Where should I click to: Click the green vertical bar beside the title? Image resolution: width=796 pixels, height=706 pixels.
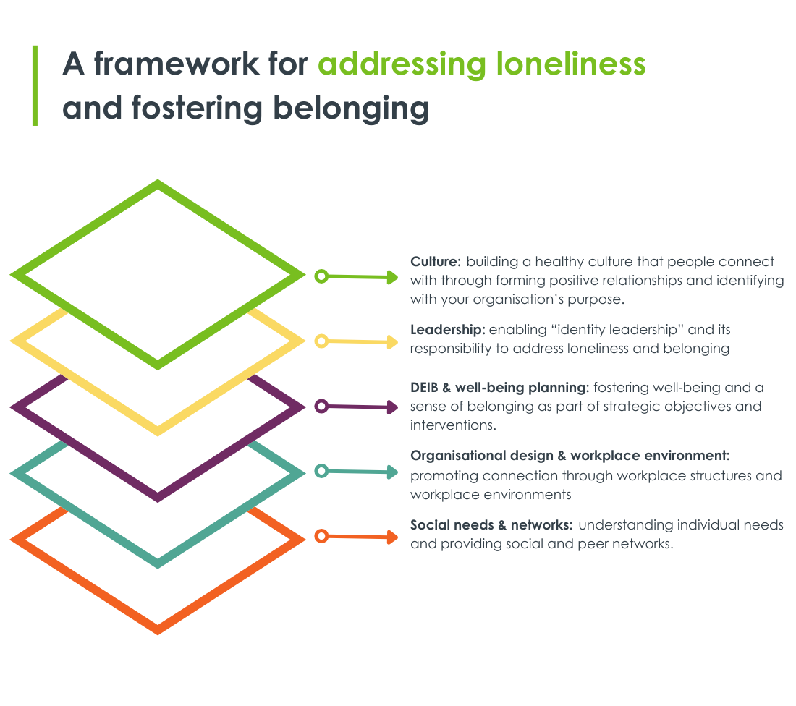34,85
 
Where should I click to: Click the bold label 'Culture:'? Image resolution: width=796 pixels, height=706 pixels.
435,262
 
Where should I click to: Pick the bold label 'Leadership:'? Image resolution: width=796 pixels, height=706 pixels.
447,330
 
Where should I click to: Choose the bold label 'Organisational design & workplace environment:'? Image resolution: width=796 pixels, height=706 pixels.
570,456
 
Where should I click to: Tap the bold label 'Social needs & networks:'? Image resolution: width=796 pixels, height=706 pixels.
492,525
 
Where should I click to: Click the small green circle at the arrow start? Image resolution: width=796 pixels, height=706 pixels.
322,276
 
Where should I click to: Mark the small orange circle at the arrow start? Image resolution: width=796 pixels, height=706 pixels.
322,536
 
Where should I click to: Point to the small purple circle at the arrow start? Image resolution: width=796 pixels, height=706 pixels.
322,407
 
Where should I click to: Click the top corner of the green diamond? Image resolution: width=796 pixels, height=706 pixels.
158,184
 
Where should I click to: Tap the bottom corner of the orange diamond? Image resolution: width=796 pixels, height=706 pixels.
158,630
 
